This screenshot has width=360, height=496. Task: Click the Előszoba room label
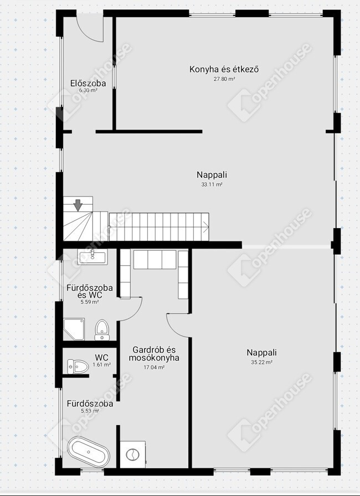click(88, 83)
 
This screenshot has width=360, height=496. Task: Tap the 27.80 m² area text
click(224, 79)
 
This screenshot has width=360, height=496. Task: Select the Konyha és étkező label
click(224, 69)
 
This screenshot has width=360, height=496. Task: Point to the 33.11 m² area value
click(212, 184)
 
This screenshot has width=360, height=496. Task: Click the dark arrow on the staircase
click(78, 205)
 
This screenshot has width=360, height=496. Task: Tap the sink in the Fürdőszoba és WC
click(92, 256)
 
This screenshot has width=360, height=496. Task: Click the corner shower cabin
click(74, 329)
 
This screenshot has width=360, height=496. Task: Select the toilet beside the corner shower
click(102, 330)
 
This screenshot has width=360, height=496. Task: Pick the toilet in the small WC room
click(78, 366)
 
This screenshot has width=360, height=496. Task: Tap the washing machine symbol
click(133, 454)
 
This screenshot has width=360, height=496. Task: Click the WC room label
click(101, 358)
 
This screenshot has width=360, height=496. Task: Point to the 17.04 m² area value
click(154, 368)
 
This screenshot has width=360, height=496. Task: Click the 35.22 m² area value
click(262, 363)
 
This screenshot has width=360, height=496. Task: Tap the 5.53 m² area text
click(90, 411)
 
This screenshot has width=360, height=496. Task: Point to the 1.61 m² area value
click(101, 365)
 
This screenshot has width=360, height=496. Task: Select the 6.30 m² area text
click(88, 90)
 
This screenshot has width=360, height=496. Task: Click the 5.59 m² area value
click(90, 302)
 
